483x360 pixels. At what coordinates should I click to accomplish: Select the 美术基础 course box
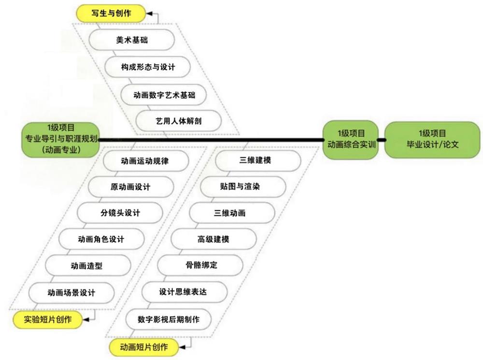pos(132,40)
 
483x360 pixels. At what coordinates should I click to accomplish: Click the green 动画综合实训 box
pos(351,139)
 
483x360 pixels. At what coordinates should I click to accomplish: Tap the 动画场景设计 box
pos(71,292)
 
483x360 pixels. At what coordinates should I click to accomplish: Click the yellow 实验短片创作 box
pos(47,319)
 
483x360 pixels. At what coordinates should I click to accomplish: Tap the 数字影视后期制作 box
pos(168,319)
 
